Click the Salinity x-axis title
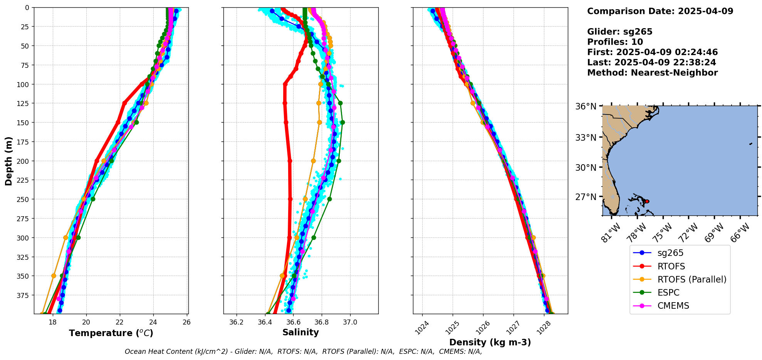[300, 333]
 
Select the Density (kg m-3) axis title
[490, 342]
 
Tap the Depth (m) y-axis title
[9, 161]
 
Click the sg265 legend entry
[670, 253]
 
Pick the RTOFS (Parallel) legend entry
[692, 279]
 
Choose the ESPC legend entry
[668, 293]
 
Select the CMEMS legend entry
[673, 306]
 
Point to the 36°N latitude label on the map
[586, 107]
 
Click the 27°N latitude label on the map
[586, 197]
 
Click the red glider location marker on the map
[647, 202]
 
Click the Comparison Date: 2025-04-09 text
[660, 11]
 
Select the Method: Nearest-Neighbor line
[652, 73]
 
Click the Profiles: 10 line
[615, 42]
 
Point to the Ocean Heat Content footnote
[303, 352]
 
